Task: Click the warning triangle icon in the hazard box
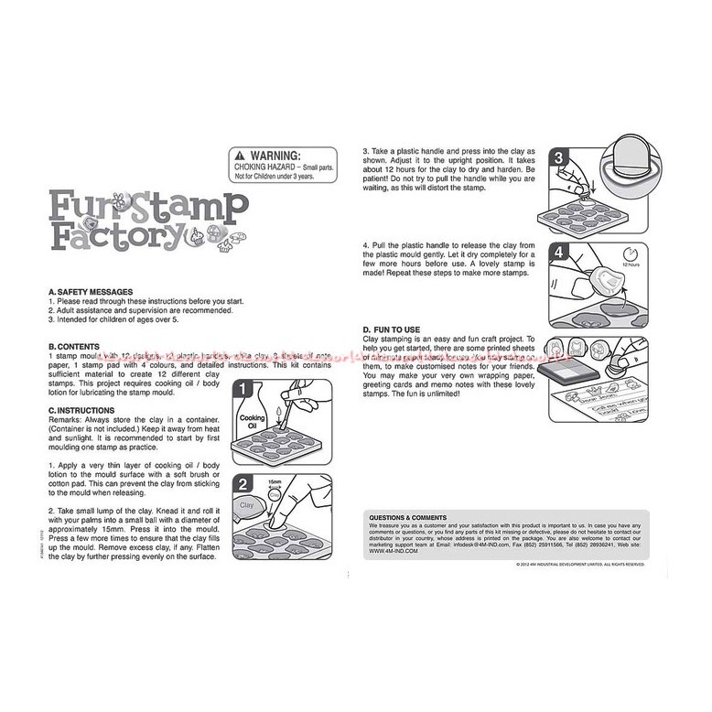click(x=240, y=156)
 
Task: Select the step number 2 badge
click(x=244, y=485)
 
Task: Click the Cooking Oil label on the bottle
click(x=252, y=423)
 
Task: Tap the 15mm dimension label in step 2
click(x=274, y=480)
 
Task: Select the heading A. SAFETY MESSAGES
click(x=90, y=291)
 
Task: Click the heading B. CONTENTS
click(x=75, y=347)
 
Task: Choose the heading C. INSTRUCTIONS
click(x=81, y=411)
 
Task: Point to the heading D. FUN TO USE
click(x=391, y=329)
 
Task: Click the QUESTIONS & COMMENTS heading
click(x=407, y=517)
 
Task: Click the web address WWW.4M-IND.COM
click(x=394, y=552)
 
